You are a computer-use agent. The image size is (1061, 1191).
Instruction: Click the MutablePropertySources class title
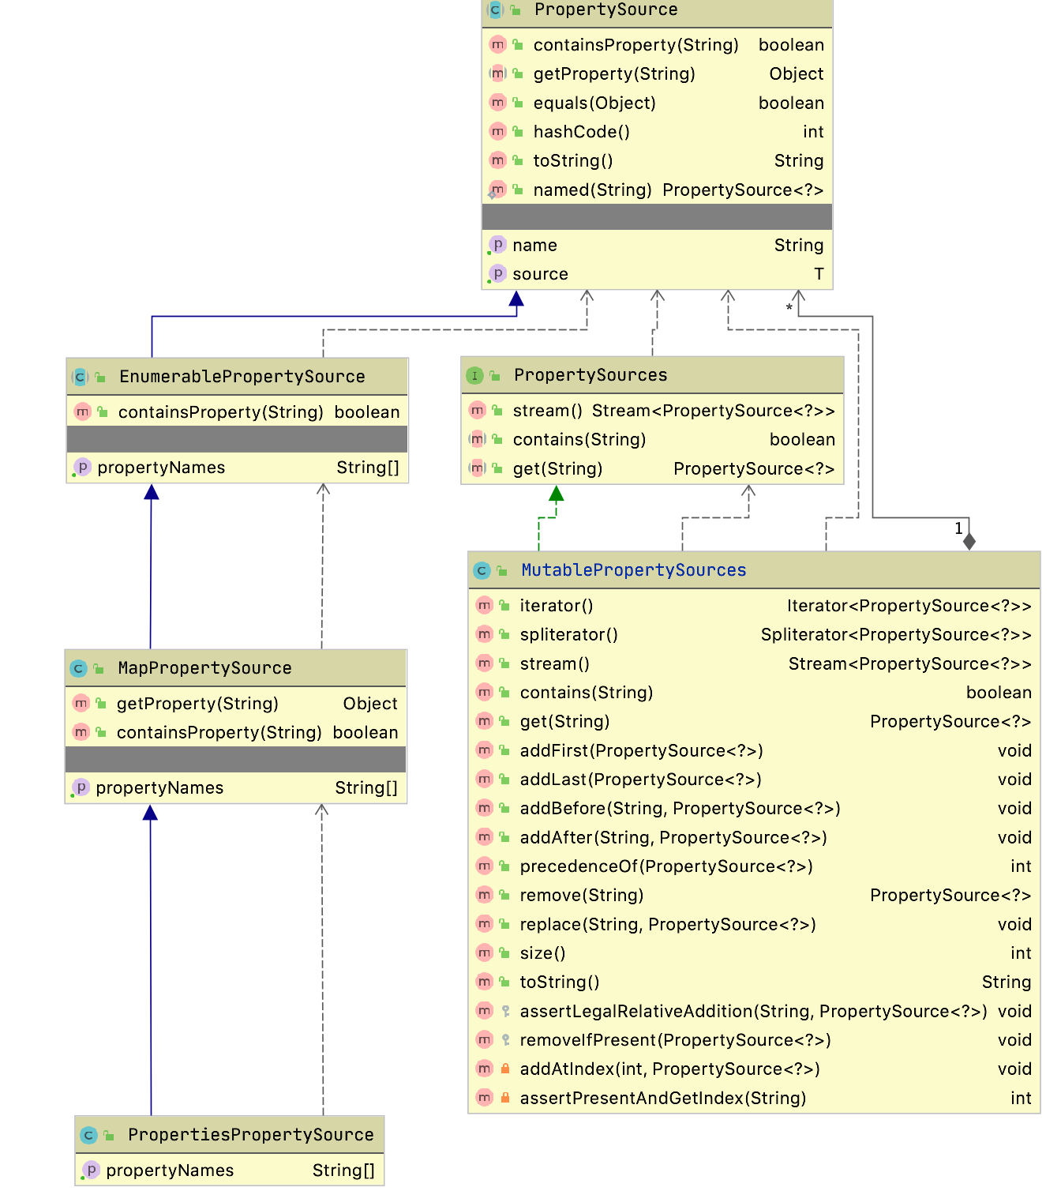pyautogui.click(x=633, y=570)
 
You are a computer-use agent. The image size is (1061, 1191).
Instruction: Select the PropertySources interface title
pyautogui.click(x=590, y=375)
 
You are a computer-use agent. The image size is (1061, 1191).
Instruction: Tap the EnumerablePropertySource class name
pyautogui.click(x=242, y=377)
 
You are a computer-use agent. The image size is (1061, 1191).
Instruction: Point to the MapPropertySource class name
pyautogui.click(x=204, y=668)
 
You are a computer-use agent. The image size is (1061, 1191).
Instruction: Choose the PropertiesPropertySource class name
pyautogui.click(x=251, y=1135)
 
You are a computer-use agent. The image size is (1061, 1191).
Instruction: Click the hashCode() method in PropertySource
pyautogui.click(x=581, y=132)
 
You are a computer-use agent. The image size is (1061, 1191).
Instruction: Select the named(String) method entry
pyautogui.click(x=592, y=190)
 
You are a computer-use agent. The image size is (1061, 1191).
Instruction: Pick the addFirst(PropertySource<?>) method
pyautogui.click(x=641, y=751)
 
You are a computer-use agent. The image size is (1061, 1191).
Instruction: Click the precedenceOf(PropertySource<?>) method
pyautogui.click(x=665, y=866)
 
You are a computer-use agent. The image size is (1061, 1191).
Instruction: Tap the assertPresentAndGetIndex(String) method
pyautogui.click(x=662, y=1099)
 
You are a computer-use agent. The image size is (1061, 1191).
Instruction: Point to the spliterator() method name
pyautogui.click(x=568, y=635)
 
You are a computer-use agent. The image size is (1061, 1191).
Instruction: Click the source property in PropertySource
pyautogui.click(x=540, y=274)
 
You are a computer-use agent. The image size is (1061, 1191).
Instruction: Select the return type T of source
pyautogui.click(x=819, y=274)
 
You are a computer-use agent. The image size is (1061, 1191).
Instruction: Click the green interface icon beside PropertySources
pyautogui.click(x=474, y=376)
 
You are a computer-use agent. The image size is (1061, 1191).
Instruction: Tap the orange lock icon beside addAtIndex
pyautogui.click(x=505, y=1069)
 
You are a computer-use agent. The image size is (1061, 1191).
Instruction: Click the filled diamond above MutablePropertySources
pyautogui.click(x=969, y=542)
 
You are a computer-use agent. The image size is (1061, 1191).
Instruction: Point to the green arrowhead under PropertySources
pyautogui.click(x=557, y=494)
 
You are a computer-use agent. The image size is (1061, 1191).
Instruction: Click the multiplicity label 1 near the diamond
pyautogui.click(x=958, y=528)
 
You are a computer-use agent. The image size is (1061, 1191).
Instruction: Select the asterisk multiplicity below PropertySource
pyautogui.click(x=789, y=308)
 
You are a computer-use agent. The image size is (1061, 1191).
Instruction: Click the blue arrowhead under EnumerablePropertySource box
pyautogui.click(x=152, y=493)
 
